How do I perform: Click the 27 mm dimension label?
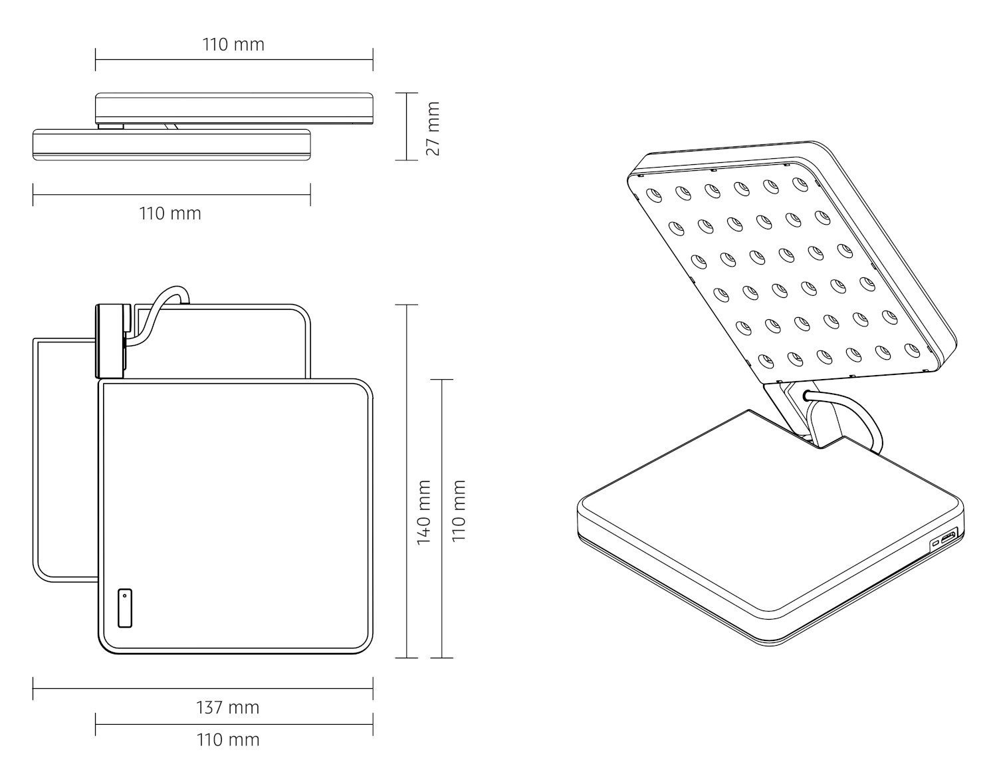point(433,128)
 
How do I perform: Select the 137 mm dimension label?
point(228,708)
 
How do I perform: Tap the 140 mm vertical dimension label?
point(423,513)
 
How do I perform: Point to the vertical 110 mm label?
point(459,511)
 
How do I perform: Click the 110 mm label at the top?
point(233,45)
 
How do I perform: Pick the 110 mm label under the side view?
point(170,213)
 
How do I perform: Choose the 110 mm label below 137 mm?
point(228,739)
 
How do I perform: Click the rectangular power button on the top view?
point(125,608)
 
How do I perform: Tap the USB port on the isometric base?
point(947,537)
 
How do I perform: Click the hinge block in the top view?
point(110,341)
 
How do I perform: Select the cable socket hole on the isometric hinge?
point(806,394)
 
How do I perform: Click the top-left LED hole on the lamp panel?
point(654,196)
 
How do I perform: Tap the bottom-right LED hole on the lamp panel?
point(913,350)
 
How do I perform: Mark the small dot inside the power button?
point(125,596)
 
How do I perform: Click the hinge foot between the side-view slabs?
point(110,126)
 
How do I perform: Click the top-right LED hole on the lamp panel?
point(800,184)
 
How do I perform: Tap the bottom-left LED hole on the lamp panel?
point(766,361)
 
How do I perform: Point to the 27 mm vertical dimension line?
point(407,127)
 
